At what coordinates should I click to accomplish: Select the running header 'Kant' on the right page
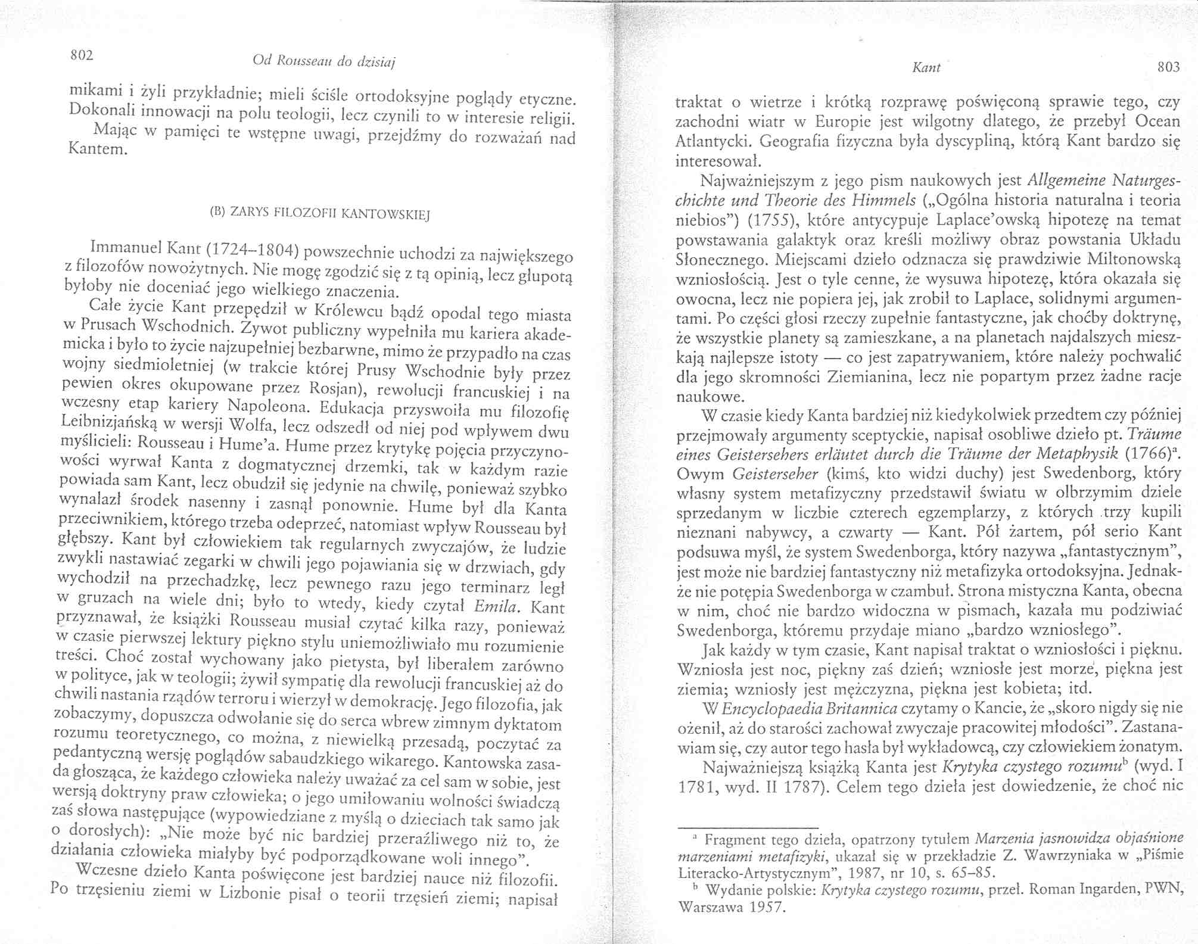tap(927, 68)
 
